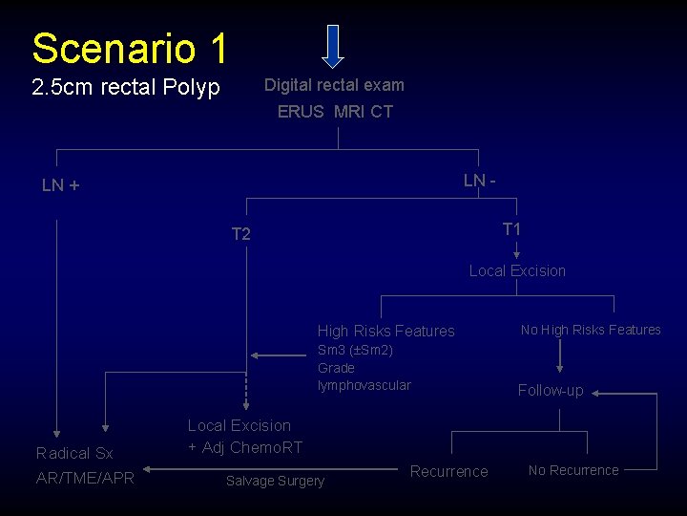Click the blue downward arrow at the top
coord(332,46)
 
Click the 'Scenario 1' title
coord(129,48)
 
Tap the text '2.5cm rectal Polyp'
coord(126,88)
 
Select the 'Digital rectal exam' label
coord(334,85)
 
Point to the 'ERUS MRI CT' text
coord(335,112)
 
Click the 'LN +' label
coord(60,185)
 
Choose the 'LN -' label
coord(480,181)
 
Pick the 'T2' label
coord(241,234)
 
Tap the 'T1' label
coord(511,229)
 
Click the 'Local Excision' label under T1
coord(517,271)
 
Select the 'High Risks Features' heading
coord(386,332)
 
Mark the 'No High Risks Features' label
coord(591,331)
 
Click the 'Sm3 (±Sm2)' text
coord(355,351)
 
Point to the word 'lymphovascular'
coord(364,385)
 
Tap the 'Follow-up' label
coord(551,390)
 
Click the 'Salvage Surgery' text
coord(275,482)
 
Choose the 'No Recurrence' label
coord(573,470)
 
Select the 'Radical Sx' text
coord(74,454)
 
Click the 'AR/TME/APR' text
coord(85,478)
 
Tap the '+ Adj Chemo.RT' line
coord(245,447)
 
